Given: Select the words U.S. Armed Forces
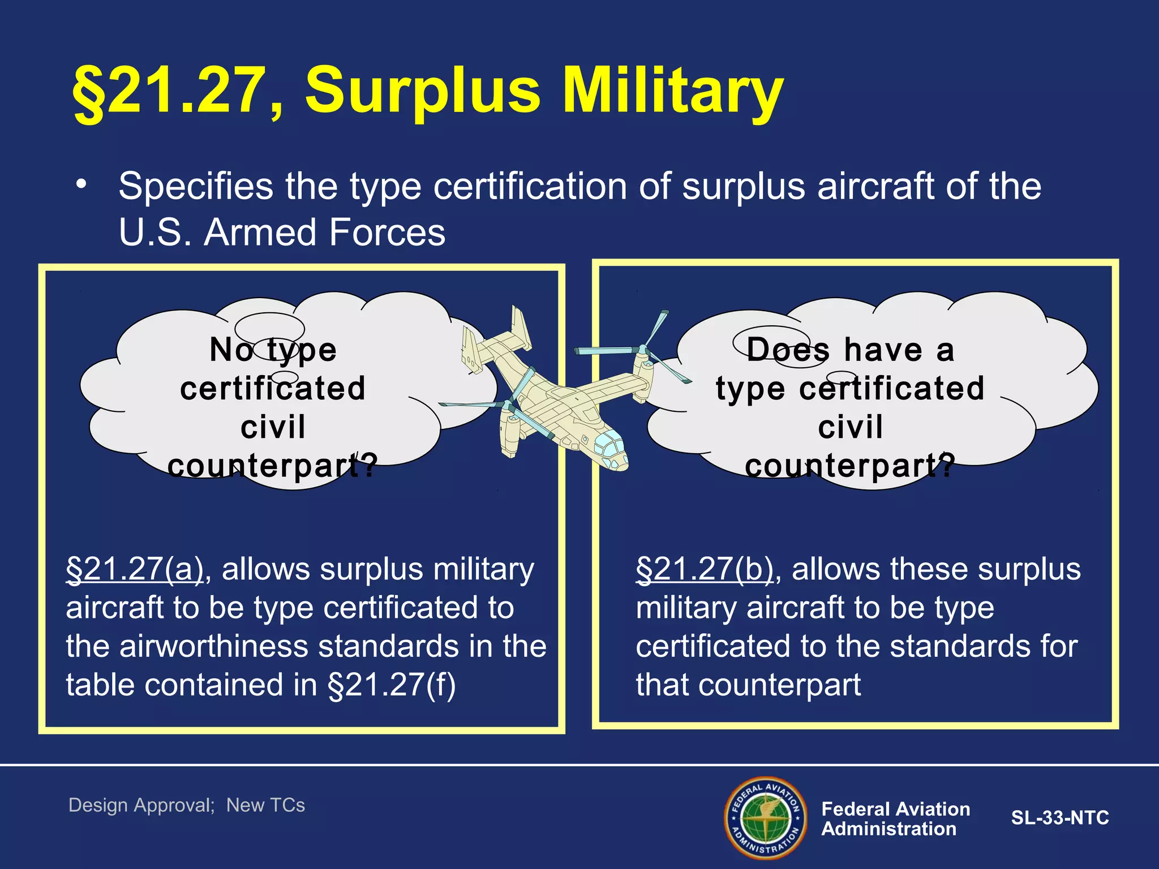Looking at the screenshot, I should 282,233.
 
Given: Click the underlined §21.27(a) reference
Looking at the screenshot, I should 135,570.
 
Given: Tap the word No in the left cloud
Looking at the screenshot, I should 230,350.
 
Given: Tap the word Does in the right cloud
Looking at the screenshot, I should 787,350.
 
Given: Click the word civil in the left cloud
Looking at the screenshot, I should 273,427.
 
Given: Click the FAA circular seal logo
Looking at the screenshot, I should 765,818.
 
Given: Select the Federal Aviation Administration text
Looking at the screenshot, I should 895,819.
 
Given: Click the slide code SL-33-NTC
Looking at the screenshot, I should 1060,818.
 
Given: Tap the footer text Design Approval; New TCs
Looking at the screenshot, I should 187,805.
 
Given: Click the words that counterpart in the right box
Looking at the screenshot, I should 748,685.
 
